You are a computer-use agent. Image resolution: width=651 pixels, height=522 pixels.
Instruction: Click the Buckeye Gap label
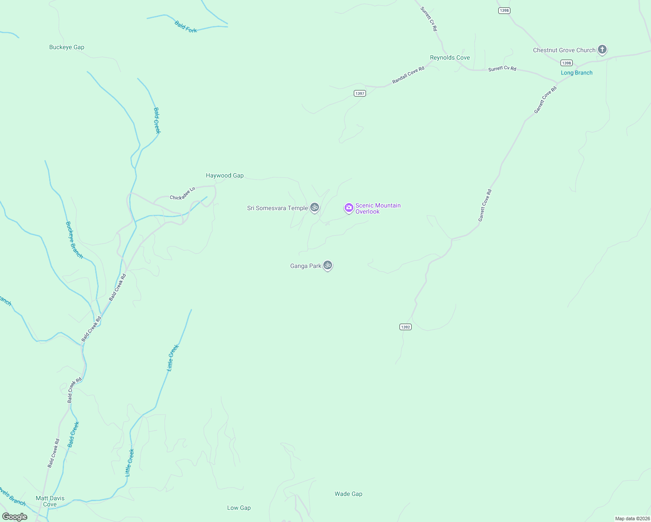[x=67, y=47]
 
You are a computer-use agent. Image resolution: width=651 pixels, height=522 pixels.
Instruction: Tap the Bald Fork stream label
[x=186, y=27]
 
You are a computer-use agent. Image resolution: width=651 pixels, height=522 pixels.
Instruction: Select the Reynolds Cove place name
[x=450, y=57]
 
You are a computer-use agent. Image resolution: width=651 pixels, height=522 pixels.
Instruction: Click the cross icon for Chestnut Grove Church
[x=602, y=50]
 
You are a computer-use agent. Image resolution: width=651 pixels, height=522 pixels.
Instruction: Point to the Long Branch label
[x=576, y=73]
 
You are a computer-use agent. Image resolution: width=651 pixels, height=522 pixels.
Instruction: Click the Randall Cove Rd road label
[x=408, y=75]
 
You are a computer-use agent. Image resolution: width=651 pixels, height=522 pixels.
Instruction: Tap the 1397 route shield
[x=359, y=94]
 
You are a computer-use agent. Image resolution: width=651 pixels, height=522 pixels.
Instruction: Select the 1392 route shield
[x=405, y=327]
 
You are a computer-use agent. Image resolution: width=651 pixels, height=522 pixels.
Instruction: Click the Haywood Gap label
[x=225, y=176]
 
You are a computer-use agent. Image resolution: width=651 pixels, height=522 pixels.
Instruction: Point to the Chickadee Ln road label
[x=182, y=194]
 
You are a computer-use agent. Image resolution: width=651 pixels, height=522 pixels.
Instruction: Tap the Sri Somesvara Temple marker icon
[x=315, y=207]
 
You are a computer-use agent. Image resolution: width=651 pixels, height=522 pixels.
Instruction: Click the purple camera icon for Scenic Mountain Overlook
[x=349, y=208]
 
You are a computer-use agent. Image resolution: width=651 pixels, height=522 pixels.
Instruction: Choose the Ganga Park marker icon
[x=328, y=265]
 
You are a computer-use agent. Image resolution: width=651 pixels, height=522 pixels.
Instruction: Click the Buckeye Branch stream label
[x=74, y=240]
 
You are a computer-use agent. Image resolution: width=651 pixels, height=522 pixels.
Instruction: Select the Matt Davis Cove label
[x=50, y=501]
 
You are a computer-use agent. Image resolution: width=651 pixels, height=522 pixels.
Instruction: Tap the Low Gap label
[x=239, y=508]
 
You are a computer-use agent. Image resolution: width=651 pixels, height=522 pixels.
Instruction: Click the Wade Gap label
[x=348, y=494]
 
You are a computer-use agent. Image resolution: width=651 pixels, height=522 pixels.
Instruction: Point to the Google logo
[x=15, y=517]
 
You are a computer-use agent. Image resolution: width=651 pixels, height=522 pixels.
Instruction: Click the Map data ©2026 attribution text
[x=632, y=519]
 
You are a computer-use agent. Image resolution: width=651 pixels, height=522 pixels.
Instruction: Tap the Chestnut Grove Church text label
[x=564, y=50]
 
